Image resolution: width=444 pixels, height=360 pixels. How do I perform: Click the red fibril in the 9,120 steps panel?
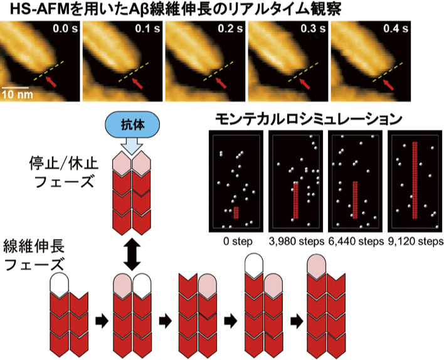click(x=414, y=179)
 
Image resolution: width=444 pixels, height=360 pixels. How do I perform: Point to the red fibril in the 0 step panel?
click(x=236, y=212)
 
